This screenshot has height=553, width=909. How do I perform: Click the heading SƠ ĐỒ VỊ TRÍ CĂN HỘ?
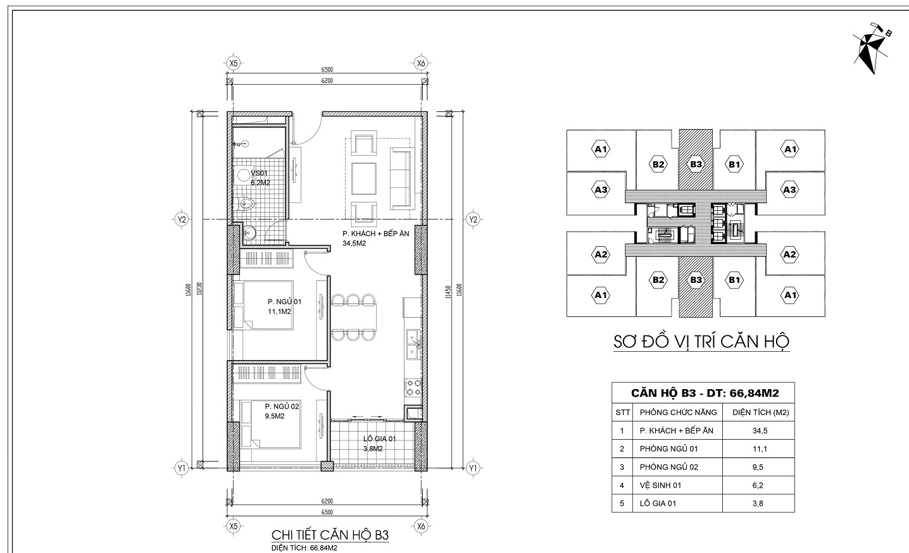[x=701, y=342]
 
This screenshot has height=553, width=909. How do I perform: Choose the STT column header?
[x=622, y=412]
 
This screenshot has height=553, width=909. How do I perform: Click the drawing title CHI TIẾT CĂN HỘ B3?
[x=329, y=535]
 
